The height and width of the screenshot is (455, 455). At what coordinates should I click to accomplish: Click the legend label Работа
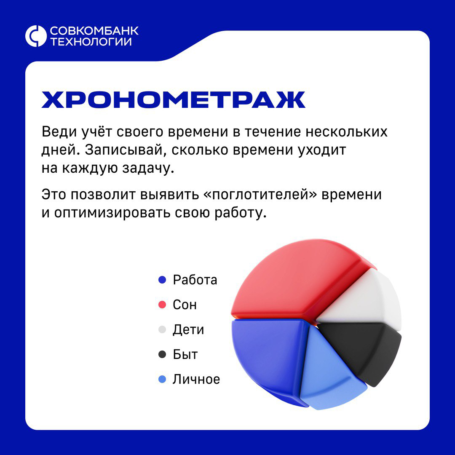coord(195,280)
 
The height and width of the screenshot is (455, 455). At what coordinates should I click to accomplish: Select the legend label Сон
coord(185,305)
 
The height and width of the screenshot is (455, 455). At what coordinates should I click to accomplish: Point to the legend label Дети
coord(188,329)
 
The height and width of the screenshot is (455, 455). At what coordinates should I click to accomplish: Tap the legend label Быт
coord(185,354)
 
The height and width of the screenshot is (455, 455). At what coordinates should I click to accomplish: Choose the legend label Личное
coord(196,379)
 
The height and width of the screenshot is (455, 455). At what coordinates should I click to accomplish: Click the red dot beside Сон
coord(162,305)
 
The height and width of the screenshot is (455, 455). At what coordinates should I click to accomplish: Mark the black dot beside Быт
coord(162,354)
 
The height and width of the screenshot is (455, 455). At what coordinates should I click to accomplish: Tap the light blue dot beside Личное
coord(162,379)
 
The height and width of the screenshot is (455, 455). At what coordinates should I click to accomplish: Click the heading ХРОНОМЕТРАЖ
coord(173,100)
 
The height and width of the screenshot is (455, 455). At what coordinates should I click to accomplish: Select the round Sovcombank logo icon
coord(35,36)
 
